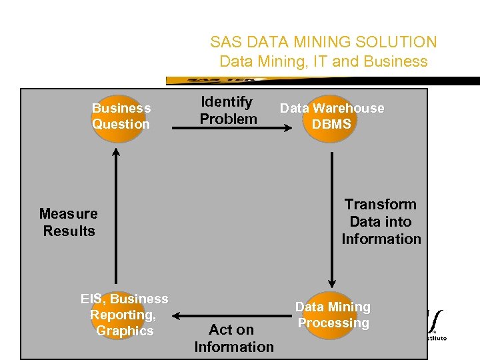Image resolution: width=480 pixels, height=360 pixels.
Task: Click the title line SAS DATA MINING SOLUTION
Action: point(323,42)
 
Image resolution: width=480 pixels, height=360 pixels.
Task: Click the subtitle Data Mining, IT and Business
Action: point(323,61)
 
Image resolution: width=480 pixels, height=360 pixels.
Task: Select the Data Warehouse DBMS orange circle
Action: point(331,117)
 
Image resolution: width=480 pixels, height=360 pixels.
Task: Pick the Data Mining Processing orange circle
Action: point(333,315)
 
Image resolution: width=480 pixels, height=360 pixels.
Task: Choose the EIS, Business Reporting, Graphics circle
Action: point(124,315)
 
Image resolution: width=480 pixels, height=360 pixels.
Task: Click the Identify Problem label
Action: point(228,111)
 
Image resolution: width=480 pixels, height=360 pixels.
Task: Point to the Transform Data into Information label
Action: point(381,221)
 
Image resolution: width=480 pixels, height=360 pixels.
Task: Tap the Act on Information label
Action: point(233,338)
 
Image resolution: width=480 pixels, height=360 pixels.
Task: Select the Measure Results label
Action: point(69,222)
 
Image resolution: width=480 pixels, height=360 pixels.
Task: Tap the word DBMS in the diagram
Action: point(331,125)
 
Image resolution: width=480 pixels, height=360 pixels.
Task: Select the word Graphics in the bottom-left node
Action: point(125,331)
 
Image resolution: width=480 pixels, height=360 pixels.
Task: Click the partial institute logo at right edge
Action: point(436,325)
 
